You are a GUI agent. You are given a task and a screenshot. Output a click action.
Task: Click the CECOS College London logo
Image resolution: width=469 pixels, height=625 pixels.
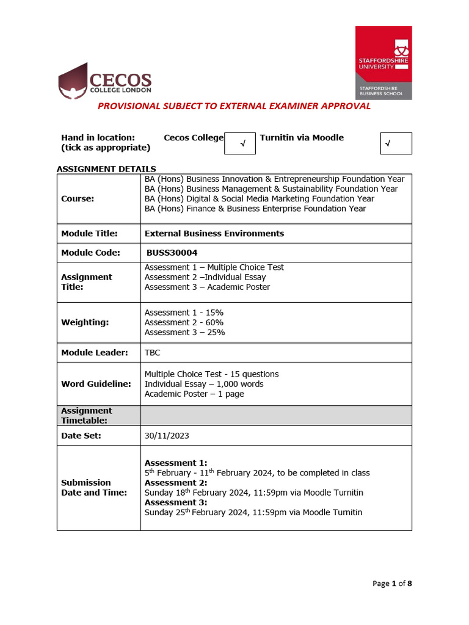(104, 81)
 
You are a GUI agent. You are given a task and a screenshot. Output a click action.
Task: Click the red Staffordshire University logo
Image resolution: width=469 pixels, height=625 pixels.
(384, 63)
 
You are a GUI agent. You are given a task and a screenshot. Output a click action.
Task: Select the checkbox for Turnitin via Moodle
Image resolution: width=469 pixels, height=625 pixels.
(396, 143)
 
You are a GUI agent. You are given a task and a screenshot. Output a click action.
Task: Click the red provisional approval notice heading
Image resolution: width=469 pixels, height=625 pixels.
(234, 106)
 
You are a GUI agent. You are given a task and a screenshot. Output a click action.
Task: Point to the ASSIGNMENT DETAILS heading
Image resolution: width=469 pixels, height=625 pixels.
(106, 169)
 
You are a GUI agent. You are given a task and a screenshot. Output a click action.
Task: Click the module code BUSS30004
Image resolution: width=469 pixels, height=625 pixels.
(172, 253)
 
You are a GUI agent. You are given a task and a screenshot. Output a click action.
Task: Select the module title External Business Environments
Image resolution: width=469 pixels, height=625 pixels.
(214, 233)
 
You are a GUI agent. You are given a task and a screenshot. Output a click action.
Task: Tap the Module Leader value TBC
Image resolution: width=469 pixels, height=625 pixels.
(153, 353)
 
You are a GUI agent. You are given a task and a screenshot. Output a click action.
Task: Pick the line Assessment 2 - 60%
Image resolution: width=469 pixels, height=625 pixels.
(184, 322)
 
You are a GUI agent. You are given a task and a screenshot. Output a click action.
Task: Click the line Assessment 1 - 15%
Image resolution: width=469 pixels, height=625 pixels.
(184, 312)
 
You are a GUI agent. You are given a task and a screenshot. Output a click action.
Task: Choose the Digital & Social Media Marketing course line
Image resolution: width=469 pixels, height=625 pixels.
(260, 199)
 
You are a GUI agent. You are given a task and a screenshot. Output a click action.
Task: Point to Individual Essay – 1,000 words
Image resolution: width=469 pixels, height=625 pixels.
(204, 384)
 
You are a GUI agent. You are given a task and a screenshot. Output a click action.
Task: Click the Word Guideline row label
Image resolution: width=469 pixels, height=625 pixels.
(96, 384)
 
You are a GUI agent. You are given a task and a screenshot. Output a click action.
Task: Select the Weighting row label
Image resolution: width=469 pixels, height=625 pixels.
(85, 322)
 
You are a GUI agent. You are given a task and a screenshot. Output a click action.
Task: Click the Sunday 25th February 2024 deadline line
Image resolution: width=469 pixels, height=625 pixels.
(253, 512)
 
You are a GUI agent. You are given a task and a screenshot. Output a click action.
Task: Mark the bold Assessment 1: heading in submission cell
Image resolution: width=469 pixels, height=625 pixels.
(176, 463)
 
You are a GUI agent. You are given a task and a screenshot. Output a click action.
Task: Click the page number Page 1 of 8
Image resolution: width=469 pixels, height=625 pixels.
(392, 583)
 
